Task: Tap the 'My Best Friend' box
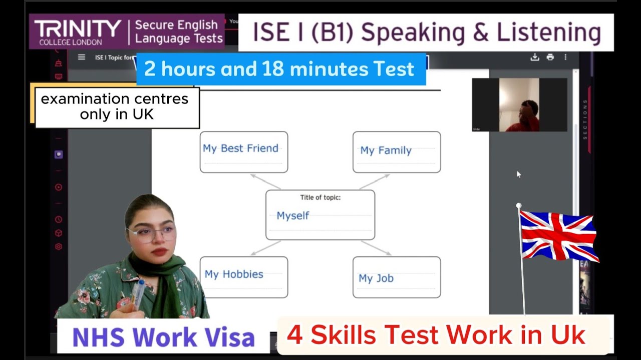(x=243, y=152)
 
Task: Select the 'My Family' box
(x=396, y=152)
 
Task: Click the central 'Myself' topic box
(x=320, y=214)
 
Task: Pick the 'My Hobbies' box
(x=243, y=277)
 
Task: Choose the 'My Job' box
(x=396, y=277)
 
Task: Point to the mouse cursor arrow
(x=518, y=174)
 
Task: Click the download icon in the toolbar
(x=535, y=57)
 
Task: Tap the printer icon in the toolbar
(x=550, y=57)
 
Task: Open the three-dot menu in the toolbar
(x=566, y=57)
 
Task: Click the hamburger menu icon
(x=82, y=57)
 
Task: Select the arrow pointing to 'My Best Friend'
(x=265, y=181)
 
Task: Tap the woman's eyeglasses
(x=151, y=233)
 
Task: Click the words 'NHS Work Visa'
(x=163, y=337)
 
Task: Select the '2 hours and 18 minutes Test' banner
(x=280, y=69)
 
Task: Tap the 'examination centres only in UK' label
(x=115, y=106)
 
